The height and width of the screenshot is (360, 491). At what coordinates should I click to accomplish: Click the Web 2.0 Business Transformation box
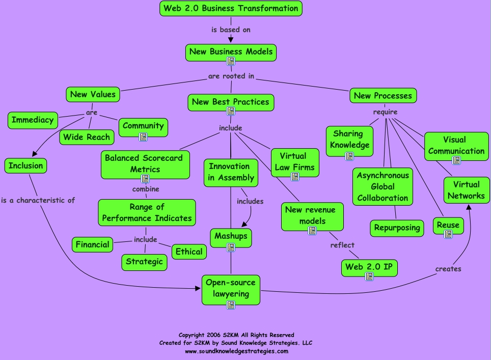231,9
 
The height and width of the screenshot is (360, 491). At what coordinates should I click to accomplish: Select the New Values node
93,95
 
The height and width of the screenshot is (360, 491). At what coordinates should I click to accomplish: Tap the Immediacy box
33,120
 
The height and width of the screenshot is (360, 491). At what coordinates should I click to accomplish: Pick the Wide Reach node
87,137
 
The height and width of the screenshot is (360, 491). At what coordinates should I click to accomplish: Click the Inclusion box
25,165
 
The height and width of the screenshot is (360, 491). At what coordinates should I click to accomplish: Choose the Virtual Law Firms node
295,162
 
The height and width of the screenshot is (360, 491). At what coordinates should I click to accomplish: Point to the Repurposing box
397,228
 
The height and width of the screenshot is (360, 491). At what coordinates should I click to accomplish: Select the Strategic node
144,262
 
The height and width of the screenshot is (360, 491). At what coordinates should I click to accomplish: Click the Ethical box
189,252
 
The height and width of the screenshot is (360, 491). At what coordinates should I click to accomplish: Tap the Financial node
92,244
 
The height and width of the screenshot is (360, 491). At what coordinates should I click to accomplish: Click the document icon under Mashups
231,247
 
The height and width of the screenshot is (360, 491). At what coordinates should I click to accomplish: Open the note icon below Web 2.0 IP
369,276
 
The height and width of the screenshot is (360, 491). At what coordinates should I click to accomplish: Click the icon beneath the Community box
143,137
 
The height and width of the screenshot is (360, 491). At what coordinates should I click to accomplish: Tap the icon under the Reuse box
448,234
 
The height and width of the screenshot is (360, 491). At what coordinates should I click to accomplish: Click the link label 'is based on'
231,30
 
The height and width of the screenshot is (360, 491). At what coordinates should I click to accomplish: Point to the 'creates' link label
448,269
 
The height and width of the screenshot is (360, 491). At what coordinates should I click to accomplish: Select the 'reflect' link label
342,245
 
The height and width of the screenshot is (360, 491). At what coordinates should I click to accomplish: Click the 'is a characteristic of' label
38,200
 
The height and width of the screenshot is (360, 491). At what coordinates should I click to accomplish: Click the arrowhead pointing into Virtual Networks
469,207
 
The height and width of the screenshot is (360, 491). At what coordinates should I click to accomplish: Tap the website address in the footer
236,351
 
